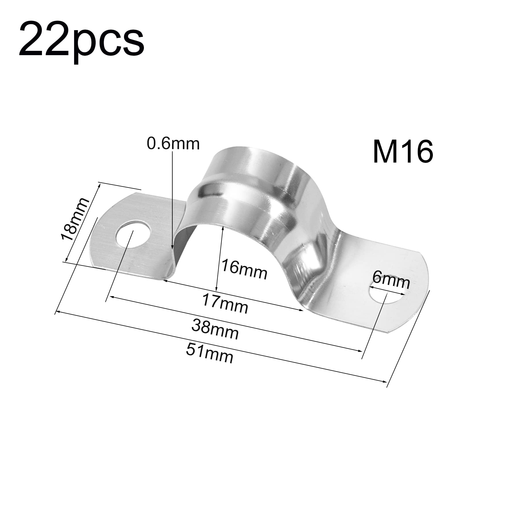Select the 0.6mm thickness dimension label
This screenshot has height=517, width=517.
(x=173, y=144)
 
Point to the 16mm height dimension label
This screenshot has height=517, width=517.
(x=244, y=269)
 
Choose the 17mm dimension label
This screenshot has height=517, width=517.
(x=225, y=304)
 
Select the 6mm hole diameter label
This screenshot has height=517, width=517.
(x=391, y=281)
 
